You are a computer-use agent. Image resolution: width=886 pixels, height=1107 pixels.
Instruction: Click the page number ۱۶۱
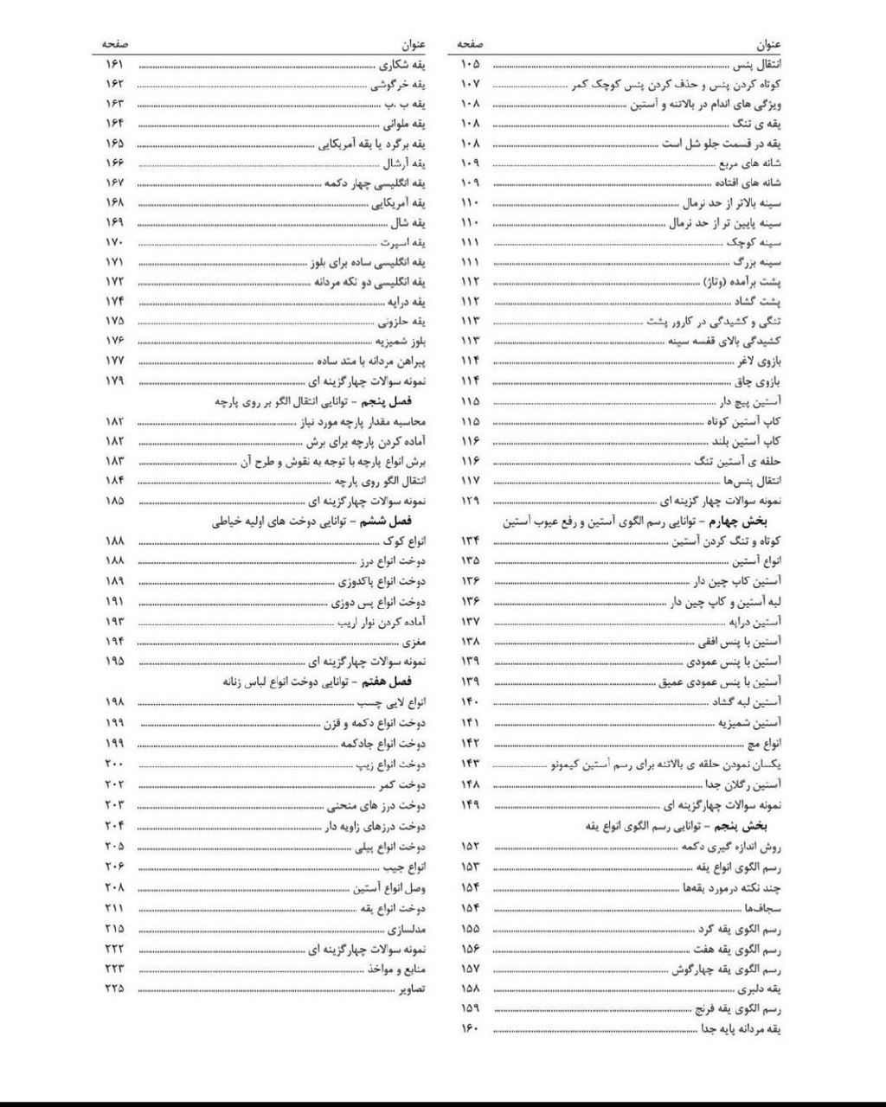tap(114, 65)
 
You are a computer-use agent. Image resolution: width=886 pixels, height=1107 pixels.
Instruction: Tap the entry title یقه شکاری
tap(402, 65)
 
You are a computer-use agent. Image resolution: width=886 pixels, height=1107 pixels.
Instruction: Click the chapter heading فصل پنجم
tap(397, 401)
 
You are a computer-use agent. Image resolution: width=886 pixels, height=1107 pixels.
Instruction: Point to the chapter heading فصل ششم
tap(397, 522)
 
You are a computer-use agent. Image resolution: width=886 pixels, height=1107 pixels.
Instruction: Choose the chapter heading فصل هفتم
tap(397, 681)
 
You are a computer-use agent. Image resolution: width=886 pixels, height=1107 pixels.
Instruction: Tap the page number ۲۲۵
tap(114, 988)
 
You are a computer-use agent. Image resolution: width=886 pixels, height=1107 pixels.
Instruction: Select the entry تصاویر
tap(411, 988)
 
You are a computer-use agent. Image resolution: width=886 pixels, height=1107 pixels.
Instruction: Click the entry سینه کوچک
tap(757, 242)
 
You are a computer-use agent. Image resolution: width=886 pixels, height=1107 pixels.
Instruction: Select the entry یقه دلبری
tap(761, 989)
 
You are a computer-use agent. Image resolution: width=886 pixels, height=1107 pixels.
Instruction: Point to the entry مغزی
tap(414, 642)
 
